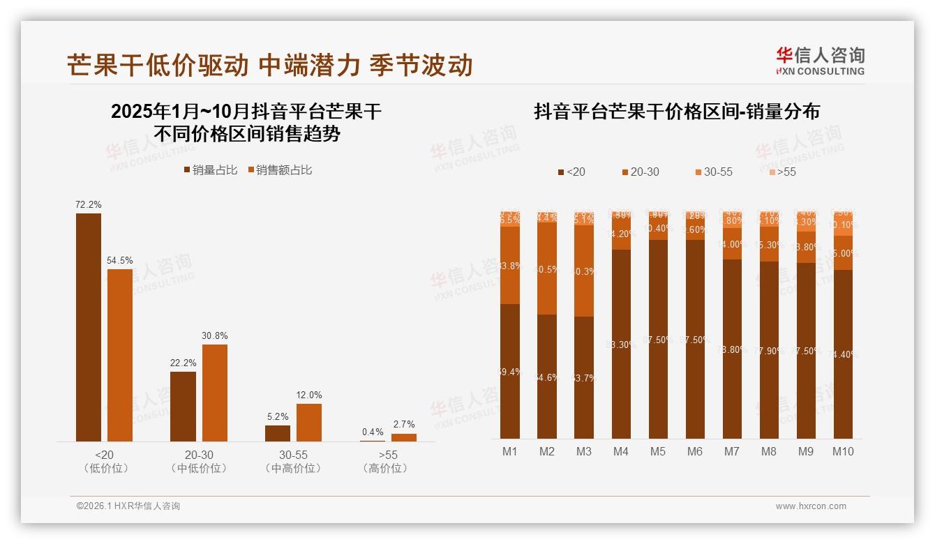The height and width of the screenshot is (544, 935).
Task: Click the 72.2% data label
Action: tap(89, 205)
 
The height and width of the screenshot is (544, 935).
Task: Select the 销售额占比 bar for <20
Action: tap(119, 355)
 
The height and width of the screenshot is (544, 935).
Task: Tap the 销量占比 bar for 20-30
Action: tap(183, 406)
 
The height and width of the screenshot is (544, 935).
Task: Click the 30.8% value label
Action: tap(215, 335)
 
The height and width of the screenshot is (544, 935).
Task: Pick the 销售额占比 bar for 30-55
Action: tap(309, 422)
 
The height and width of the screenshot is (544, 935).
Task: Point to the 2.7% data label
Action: tap(403, 424)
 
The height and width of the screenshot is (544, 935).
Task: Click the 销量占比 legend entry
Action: tap(210, 170)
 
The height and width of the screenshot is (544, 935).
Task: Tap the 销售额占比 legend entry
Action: tap(279, 170)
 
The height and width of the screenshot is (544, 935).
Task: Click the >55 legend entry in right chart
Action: tap(781, 172)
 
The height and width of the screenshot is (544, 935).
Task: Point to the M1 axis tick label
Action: tap(510, 451)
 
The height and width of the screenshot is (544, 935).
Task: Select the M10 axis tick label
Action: tap(843, 451)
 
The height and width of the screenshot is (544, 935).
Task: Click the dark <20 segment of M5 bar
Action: tap(658, 339)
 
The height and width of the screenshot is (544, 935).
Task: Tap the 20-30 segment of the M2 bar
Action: tap(547, 269)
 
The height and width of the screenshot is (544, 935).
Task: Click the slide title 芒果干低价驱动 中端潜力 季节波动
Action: tap(270, 65)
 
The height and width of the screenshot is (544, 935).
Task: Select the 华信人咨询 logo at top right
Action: tap(820, 61)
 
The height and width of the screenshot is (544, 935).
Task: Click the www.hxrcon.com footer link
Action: tap(811, 506)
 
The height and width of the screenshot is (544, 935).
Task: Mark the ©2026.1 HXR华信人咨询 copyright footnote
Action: tap(128, 506)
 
